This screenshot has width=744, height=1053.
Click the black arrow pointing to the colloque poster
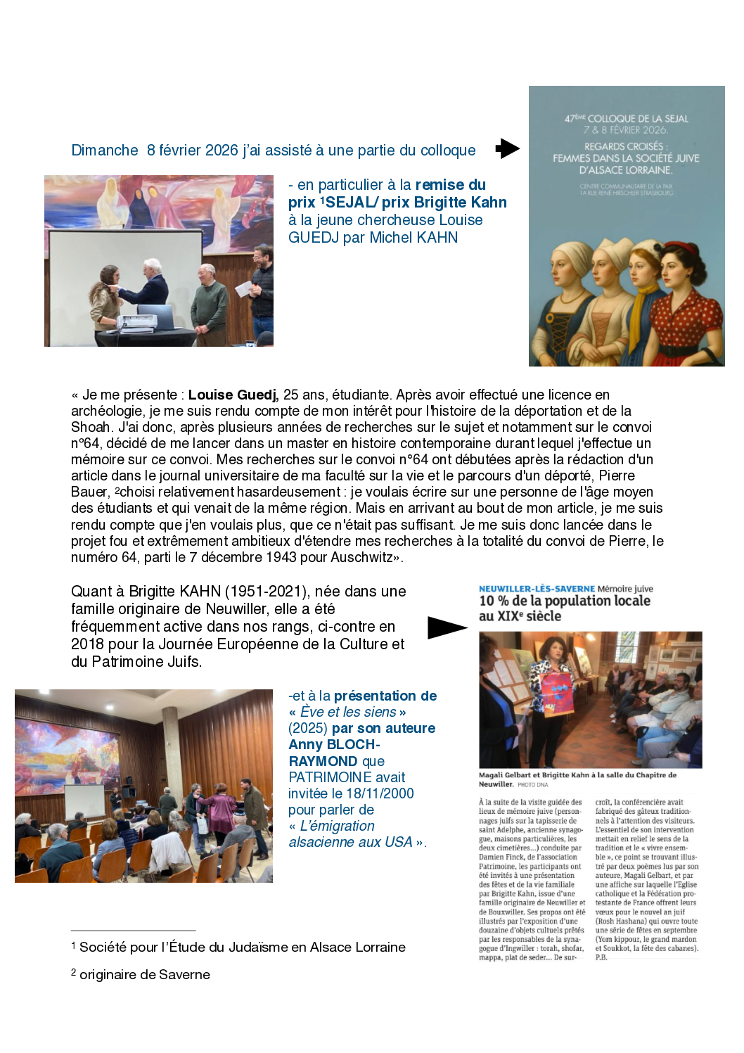coord(507,148)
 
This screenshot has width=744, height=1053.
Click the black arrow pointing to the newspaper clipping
coord(447,627)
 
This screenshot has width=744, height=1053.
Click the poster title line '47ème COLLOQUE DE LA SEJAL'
coord(626,119)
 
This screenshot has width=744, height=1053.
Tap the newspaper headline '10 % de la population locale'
coord(565,601)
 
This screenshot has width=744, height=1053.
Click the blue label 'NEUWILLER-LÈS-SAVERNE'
coord(537,589)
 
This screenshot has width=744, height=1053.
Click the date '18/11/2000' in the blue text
coord(380,793)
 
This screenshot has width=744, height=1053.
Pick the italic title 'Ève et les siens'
coord(348,712)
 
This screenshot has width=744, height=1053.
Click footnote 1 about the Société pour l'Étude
coord(242,947)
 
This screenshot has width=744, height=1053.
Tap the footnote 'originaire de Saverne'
coord(144,974)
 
